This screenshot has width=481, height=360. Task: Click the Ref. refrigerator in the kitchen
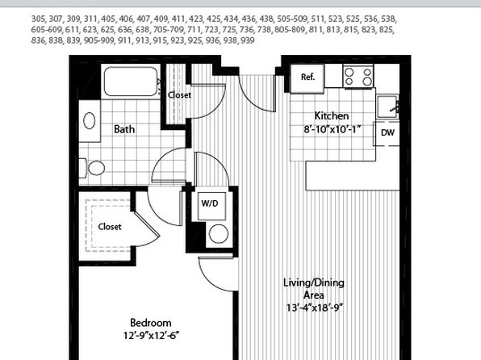pyautogui.click(x=307, y=78)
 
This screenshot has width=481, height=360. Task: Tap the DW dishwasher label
pyautogui.click(x=387, y=133)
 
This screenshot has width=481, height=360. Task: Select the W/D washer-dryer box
pyautogui.click(x=211, y=206)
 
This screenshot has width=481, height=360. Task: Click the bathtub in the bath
pyautogui.click(x=131, y=82)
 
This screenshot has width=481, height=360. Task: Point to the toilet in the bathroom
pyautogui.click(x=92, y=168)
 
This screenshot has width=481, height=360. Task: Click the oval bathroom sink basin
pyautogui.click(x=90, y=120)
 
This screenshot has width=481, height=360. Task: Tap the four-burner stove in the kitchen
pyautogui.click(x=358, y=77)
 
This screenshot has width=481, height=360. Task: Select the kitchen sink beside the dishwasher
pyautogui.click(x=387, y=107)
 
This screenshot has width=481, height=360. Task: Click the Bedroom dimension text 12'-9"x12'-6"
pyautogui.click(x=151, y=336)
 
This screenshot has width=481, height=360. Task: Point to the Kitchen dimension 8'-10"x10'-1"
pyautogui.click(x=332, y=129)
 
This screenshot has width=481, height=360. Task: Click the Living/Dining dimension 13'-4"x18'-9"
pyautogui.click(x=314, y=308)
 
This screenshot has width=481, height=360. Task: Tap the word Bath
pyautogui.click(x=124, y=129)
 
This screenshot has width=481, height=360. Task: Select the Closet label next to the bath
pyautogui.click(x=179, y=95)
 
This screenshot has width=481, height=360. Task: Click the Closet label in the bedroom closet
pyautogui.click(x=110, y=227)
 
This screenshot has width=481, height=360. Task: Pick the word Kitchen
pyautogui.click(x=332, y=116)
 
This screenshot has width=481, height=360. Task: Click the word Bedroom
pyautogui.click(x=151, y=323)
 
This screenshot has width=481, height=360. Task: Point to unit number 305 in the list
pyautogui.click(x=38, y=19)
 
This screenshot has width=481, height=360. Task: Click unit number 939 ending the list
pyautogui.click(x=248, y=40)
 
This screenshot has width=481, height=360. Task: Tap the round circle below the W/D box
pyautogui.click(x=219, y=234)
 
